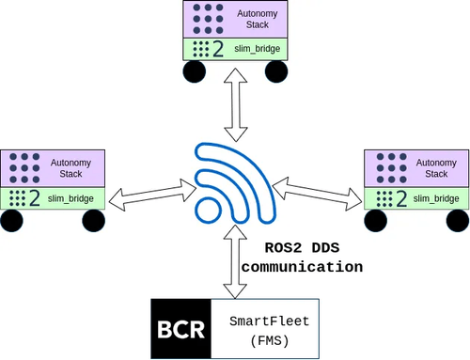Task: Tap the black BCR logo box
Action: pyautogui.click(x=181, y=328)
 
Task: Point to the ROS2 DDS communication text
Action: pyautogui.click(x=302, y=258)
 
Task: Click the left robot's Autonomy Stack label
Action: pyautogui.click(x=76, y=167)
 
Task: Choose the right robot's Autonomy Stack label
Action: pyautogui.click(x=436, y=167)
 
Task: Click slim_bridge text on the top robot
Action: pyautogui.click(x=257, y=49)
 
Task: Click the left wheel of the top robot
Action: pyautogui.click(x=194, y=73)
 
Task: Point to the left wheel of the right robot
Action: pyautogui.click(x=376, y=222)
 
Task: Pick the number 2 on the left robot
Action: pyautogui.click(x=35, y=197)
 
